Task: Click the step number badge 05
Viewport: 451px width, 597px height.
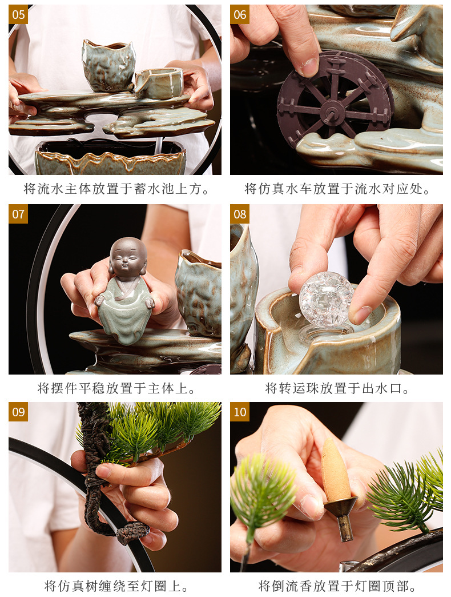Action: (18, 14)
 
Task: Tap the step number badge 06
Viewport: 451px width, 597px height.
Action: (240, 14)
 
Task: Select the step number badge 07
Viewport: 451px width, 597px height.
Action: (18, 214)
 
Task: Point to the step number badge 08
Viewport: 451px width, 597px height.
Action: (240, 214)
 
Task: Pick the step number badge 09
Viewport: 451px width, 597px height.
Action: (18, 412)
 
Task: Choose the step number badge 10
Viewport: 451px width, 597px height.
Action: (240, 412)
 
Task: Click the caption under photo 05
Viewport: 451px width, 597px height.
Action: (116, 189)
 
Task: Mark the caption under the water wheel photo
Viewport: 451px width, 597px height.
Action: (337, 189)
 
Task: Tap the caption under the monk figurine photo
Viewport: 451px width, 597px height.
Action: (116, 389)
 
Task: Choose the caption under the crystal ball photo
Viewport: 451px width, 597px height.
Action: (337, 389)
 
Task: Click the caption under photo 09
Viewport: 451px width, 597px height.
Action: (116, 586)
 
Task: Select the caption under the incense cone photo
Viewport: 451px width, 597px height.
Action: (337, 586)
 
